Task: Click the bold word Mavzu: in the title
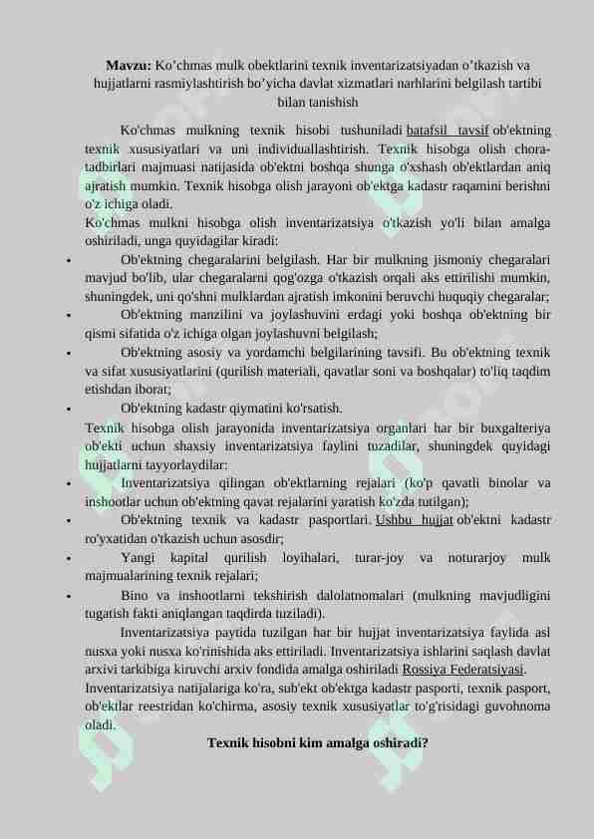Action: (x=130, y=65)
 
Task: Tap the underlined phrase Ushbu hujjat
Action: (x=415, y=520)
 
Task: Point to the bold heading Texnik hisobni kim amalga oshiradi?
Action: (x=318, y=743)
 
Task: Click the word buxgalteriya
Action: (x=511, y=427)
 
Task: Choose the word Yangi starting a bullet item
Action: (x=138, y=557)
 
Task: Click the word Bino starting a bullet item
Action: (x=136, y=595)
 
